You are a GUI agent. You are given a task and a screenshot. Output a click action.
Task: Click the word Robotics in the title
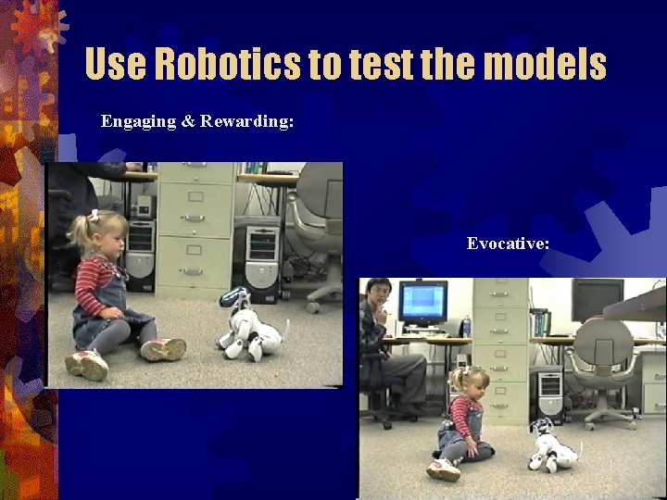coord(227,64)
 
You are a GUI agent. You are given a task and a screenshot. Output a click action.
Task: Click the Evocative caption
coord(508,244)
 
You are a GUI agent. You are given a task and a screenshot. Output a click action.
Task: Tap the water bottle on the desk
coord(465,326)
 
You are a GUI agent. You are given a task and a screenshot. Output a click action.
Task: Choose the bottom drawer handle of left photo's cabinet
coord(193,271)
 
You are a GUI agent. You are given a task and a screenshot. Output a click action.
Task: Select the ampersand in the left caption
coord(188,121)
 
